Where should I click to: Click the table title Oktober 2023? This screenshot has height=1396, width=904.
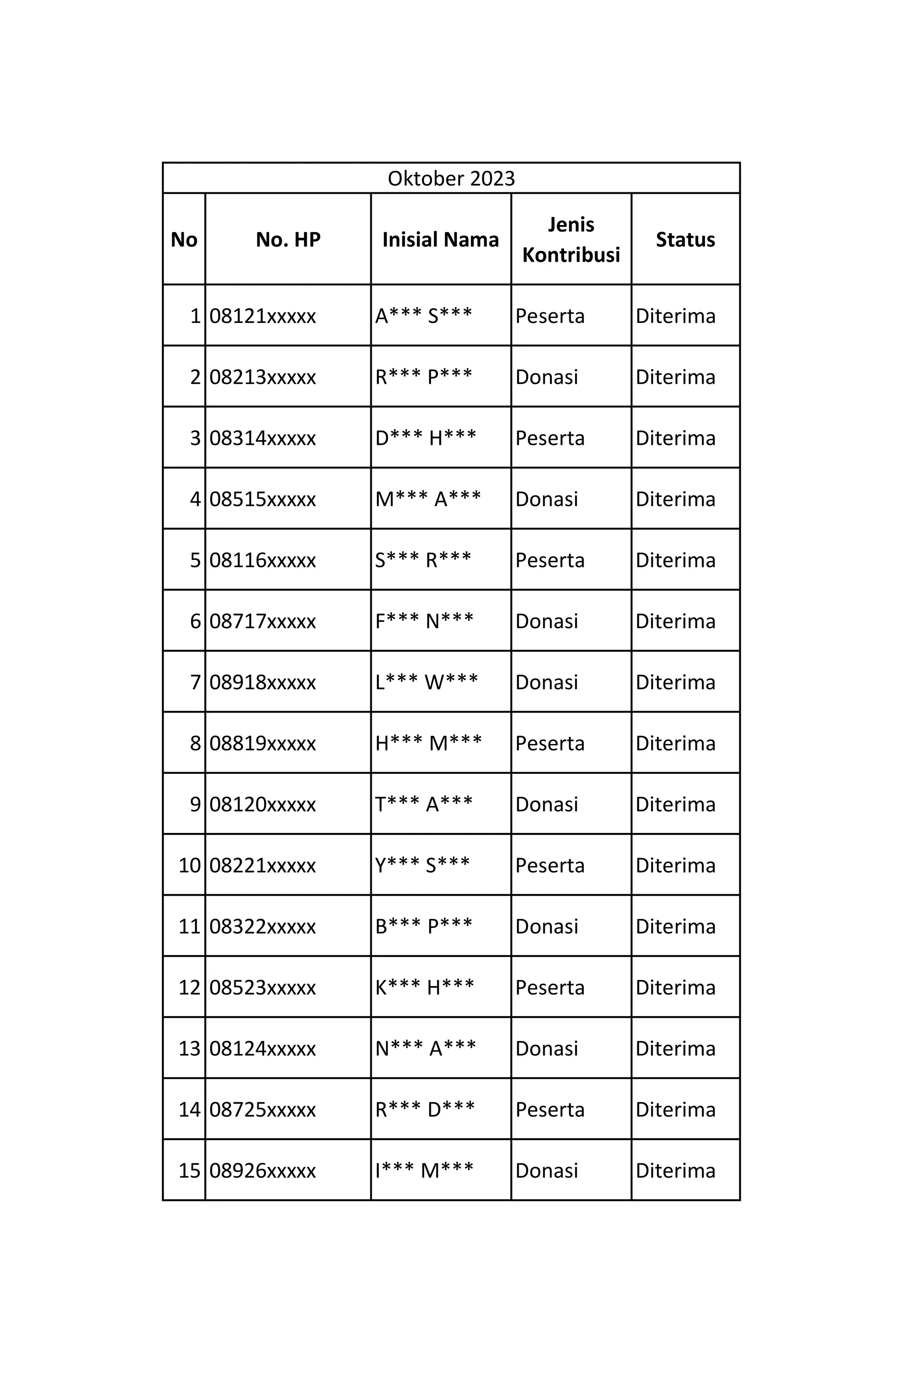(x=451, y=178)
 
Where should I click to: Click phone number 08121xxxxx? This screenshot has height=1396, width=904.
(x=262, y=316)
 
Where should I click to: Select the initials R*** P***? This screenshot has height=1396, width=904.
(x=424, y=376)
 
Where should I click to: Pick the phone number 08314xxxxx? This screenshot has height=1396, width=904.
(x=262, y=438)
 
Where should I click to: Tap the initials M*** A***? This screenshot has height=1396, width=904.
(x=428, y=499)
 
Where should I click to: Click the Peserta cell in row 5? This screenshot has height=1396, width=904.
(x=550, y=560)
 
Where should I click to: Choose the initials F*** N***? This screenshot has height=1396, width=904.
(x=424, y=621)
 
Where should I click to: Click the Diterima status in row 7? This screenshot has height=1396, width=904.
(x=675, y=682)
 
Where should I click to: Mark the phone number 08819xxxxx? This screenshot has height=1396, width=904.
(x=262, y=743)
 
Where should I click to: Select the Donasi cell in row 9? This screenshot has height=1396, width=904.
(x=546, y=804)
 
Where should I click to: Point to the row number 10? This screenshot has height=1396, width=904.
(x=189, y=865)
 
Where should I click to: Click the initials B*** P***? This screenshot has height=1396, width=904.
(x=424, y=926)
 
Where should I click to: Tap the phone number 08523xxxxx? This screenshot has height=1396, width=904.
(x=262, y=987)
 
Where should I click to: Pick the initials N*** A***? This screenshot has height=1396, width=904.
(x=426, y=1048)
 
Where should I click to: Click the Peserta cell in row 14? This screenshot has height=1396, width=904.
(x=550, y=1109)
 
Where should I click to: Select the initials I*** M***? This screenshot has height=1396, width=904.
(x=424, y=1170)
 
